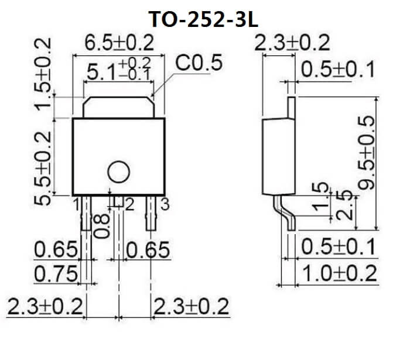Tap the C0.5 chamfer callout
point(199,63)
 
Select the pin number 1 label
point(76,204)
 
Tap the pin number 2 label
point(129,204)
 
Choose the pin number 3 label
point(165,204)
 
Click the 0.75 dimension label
point(56,273)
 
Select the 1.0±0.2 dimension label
point(339,273)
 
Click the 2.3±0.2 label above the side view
point(293,43)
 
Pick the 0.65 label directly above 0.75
point(56,250)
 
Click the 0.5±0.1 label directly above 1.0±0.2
point(339,248)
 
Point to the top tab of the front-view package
point(118,107)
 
